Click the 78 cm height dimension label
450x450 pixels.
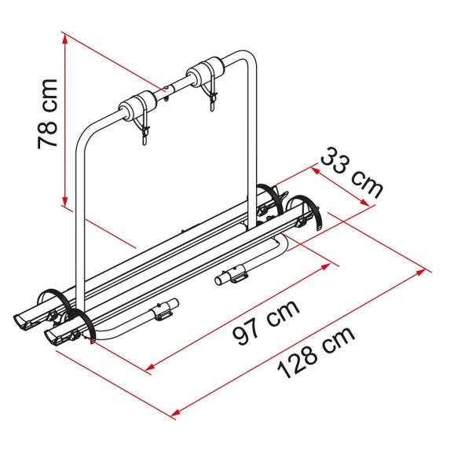tap(48, 114)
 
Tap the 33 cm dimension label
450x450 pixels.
tap(351, 173)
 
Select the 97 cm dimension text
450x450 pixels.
tap(266, 322)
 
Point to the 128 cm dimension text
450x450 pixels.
tap(316, 352)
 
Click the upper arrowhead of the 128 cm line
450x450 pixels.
tap(420, 272)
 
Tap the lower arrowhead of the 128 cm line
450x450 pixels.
tap(176, 413)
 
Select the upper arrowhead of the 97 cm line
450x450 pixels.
tap(325, 266)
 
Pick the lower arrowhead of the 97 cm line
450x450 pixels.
tap(151, 367)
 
